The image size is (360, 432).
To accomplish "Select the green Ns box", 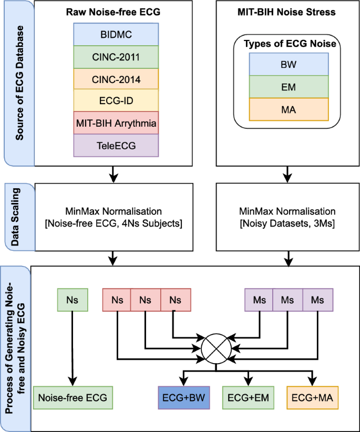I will [70, 300].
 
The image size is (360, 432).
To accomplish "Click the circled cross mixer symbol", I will [217, 347].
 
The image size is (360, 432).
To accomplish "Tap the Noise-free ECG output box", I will [70, 397].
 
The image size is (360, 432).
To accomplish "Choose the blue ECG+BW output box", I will [183, 397].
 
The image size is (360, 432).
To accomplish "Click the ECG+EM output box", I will [248, 397].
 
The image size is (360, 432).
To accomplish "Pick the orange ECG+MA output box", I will [313, 397].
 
